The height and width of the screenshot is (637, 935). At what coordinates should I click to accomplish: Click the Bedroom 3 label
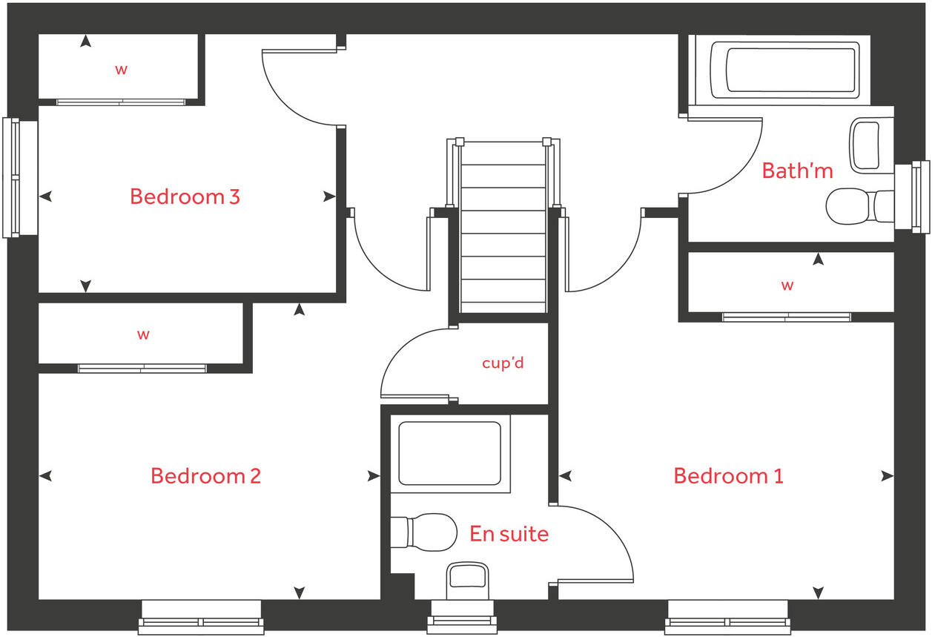point(185,197)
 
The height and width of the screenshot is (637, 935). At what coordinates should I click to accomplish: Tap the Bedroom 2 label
point(205,475)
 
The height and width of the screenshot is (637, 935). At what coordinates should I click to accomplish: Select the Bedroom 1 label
point(727,475)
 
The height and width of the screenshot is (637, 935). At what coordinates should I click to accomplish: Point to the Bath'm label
point(797,171)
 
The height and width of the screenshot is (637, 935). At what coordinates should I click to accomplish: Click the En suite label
point(509,533)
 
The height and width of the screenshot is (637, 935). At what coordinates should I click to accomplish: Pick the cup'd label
point(503,363)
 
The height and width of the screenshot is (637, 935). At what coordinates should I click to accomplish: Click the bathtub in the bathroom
point(790,70)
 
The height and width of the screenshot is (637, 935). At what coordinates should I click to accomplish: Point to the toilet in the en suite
point(423,532)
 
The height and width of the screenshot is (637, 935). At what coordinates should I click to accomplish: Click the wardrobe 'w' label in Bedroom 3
point(121,70)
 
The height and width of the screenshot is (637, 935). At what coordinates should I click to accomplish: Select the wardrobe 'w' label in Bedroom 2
point(143,334)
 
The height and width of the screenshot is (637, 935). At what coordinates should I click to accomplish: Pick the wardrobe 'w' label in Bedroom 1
point(787,285)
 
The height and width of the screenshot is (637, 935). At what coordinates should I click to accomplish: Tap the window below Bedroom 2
point(201,616)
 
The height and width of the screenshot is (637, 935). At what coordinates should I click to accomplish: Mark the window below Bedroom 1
point(727,616)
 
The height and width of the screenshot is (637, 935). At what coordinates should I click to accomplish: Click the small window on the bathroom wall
point(913,197)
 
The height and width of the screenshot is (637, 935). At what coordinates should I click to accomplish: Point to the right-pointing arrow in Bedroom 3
point(328,197)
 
